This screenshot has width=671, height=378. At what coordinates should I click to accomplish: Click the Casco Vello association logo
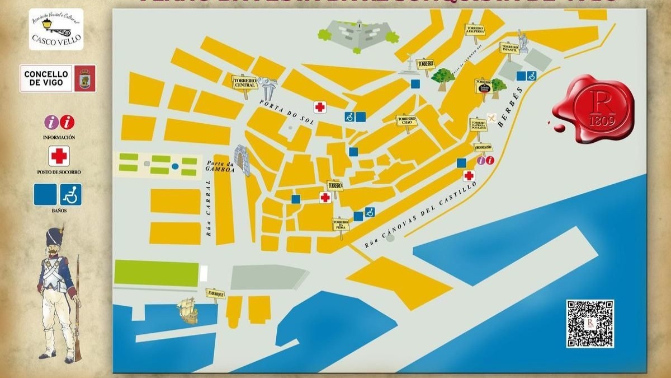click(56, 29)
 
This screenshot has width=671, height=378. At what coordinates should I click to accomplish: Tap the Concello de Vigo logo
click(58, 78)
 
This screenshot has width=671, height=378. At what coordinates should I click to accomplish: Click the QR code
click(590, 324)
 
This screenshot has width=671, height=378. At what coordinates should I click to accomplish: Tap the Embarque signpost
click(215, 293)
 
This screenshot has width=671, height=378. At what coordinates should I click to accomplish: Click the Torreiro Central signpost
click(244, 82)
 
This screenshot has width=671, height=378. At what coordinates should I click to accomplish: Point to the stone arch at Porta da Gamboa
click(242, 160)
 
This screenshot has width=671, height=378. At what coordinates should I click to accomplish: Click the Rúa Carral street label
click(209, 208)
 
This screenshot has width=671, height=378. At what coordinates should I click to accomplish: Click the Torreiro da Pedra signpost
click(340, 225)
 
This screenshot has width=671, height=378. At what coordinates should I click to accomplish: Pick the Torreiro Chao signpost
click(406, 120)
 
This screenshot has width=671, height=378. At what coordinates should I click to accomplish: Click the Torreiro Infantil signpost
click(509, 48)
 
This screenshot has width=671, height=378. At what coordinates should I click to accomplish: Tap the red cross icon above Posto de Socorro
click(59, 156)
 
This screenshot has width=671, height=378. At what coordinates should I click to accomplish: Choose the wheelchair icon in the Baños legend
click(71, 194)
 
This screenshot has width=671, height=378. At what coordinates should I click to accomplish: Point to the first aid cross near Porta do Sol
click(320, 107)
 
